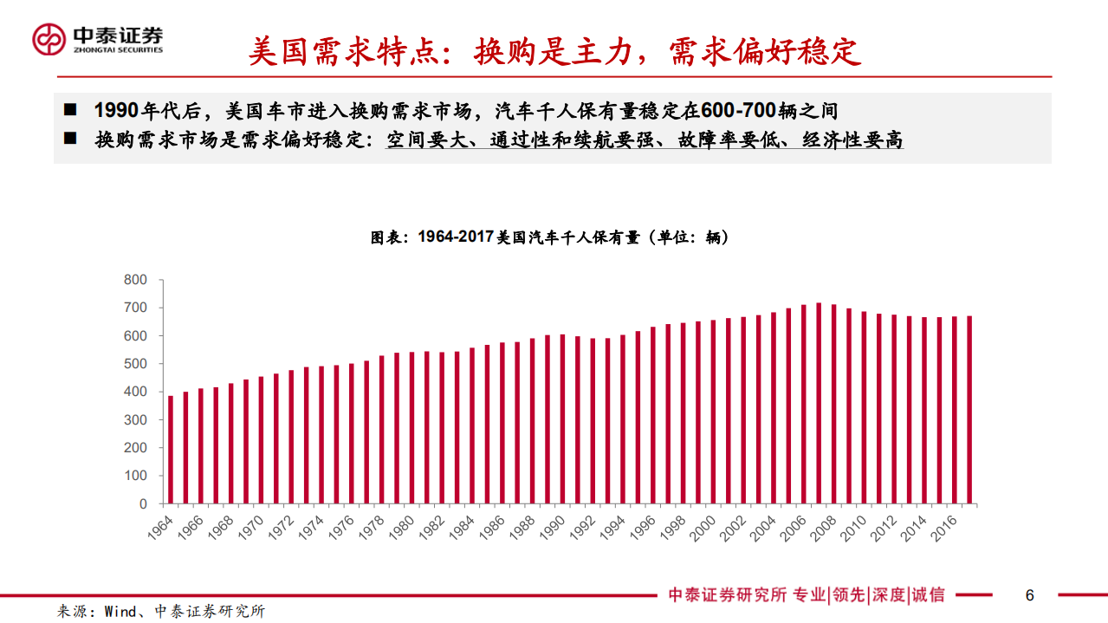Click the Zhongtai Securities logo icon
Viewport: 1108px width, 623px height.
pos(49,38)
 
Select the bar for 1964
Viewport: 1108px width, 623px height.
pos(171,450)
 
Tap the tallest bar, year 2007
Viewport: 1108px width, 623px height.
pos(819,403)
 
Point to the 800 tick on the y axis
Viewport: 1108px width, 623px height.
pos(136,280)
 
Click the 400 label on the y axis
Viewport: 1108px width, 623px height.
pos(136,392)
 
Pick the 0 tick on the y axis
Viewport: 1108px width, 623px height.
pos(144,503)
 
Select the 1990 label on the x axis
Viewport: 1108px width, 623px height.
pos(552,528)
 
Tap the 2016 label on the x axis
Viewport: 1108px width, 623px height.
pos(943,528)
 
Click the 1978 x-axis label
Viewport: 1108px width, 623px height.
pos(372,528)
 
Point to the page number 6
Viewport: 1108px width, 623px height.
pos(1029,595)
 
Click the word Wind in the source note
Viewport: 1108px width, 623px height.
pos(120,612)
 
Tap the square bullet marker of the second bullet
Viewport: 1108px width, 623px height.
pos(70,139)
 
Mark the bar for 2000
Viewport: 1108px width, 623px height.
pos(713,412)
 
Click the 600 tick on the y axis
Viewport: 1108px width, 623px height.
pos(136,335)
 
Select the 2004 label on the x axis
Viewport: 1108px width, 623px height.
pos(762,528)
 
